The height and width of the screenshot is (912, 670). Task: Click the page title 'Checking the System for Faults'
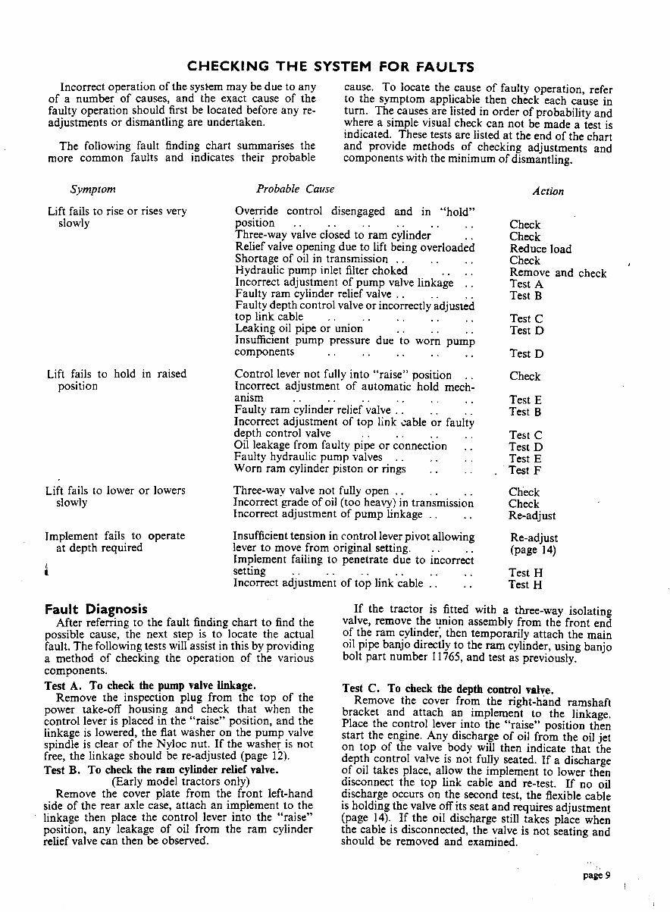tap(330, 66)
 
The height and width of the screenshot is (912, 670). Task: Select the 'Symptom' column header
tap(92, 190)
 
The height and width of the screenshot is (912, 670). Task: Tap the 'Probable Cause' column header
tap(295, 189)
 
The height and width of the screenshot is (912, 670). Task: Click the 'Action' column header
tap(547, 191)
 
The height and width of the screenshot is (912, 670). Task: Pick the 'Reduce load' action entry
tap(540, 249)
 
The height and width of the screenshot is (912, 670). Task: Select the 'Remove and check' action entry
tap(558, 273)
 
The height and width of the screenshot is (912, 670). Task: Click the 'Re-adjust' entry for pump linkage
tap(532, 516)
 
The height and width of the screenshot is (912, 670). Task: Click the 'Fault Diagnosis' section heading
tap(95, 609)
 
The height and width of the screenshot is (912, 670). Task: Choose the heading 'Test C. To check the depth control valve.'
tap(448, 689)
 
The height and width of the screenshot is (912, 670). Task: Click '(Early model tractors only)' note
tap(180, 781)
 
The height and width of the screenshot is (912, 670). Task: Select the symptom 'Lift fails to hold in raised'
tap(116, 374)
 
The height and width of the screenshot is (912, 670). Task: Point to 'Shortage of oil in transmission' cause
tap(312, 259)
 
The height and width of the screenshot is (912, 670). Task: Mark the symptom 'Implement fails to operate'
tap(115, 535)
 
